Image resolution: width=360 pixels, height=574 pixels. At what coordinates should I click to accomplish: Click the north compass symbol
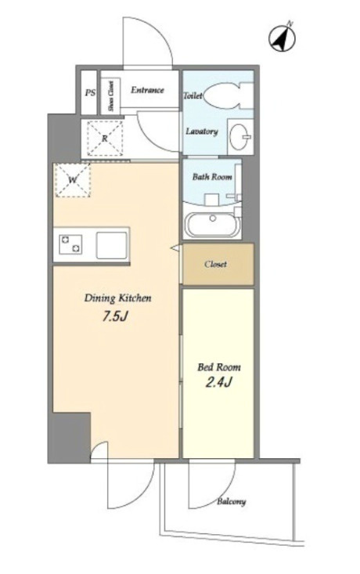click(x=282, y=37)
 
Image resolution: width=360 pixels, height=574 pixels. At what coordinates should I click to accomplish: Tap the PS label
click(x=90, y=92)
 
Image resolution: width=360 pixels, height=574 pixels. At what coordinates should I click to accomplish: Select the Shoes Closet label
click(x=110, y=96)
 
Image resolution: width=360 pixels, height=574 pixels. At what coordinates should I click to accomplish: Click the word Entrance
click(x=147, y=90)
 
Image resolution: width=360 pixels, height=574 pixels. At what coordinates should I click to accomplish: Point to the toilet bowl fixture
click(x=228, y=96)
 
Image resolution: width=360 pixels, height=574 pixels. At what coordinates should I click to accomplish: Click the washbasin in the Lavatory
click(x=240, y=135)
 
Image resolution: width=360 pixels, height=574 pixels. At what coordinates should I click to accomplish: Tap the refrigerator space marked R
click(x=105, y=139)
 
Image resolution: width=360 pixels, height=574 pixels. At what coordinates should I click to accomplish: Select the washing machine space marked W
click(x=73, y=180)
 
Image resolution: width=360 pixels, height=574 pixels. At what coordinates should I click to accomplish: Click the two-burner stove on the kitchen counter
click(x=71, y=244)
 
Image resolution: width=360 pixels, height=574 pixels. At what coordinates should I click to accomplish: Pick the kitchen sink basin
click(x=112, y=245)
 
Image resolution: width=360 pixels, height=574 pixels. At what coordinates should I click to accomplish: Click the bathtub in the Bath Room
click(x=211, y=225)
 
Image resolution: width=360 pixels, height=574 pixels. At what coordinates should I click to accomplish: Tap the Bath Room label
click(x=212, y=177)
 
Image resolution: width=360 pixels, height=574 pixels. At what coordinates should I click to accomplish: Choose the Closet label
click(x=215, y=264)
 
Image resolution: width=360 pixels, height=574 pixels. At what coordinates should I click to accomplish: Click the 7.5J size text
click(x=114, y=316)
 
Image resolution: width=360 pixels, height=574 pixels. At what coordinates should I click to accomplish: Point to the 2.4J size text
click(x=219, y=383)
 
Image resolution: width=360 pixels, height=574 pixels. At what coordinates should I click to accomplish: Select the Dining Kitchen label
click(x=118, y=298)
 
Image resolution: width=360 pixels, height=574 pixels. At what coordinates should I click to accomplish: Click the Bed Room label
click(x=219, y=366)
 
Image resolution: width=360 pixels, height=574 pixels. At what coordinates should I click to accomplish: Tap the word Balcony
click(x=231, y=501)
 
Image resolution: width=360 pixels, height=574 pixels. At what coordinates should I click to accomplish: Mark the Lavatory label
click(x=202, y=132)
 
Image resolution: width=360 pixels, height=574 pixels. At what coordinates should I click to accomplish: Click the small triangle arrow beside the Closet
click(x=175, y=247)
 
